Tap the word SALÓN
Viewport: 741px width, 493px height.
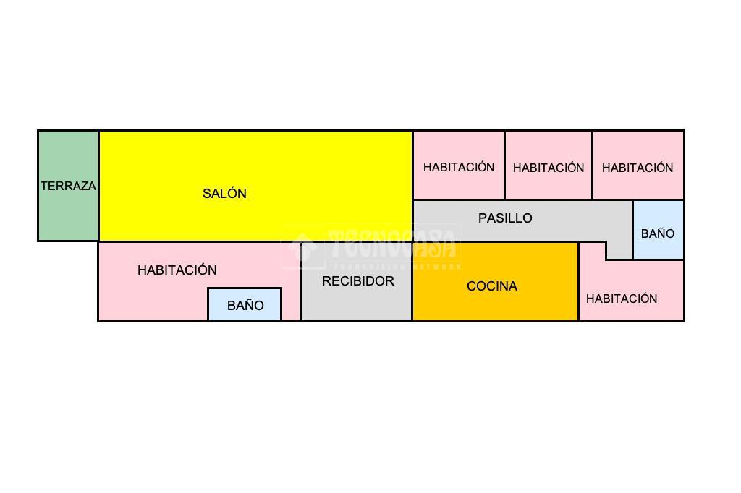click(224, 194)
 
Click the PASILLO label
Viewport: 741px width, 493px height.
click(505, 218)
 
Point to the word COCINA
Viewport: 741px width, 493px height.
click(492, 286)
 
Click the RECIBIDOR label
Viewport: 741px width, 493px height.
click(357, 281)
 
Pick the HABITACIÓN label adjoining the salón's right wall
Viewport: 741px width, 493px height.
click(459, 167)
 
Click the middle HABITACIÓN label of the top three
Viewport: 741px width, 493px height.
click(549, 168)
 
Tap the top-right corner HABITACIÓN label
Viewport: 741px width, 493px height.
click(638, 168)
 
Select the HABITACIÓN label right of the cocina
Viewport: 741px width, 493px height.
click(622, 299)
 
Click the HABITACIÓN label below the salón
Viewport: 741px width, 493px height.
click(177, 270)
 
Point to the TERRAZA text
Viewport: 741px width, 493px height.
click(68, 186)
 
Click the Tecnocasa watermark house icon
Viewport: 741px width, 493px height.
click(302, 246)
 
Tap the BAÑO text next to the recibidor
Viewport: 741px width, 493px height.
click(245, 306)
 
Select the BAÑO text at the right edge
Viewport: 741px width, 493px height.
click(658, 233)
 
